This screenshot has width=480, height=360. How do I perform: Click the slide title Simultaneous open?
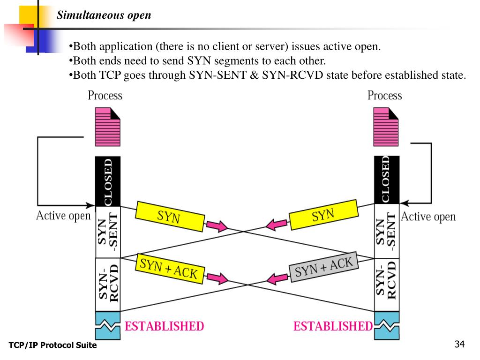104,15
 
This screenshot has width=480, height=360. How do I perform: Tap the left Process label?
105,96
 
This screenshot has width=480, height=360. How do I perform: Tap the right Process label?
384,96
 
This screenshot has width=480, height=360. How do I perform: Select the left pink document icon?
107,127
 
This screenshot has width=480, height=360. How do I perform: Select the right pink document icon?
386,127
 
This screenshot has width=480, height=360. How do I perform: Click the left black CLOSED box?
108,181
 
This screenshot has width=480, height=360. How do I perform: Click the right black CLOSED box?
386,180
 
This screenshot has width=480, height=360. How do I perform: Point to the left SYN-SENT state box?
108,232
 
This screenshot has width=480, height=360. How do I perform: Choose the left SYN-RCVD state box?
108,285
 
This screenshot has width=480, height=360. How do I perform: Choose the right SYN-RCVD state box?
386,285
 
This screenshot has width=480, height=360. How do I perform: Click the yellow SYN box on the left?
170,217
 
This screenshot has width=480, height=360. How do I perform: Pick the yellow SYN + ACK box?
169,269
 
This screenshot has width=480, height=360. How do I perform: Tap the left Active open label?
63,216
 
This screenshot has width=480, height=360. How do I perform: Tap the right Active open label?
428,217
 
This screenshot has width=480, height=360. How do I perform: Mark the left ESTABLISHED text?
164,326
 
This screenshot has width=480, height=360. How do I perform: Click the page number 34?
459,345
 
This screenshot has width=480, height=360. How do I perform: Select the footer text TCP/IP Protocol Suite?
52,345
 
